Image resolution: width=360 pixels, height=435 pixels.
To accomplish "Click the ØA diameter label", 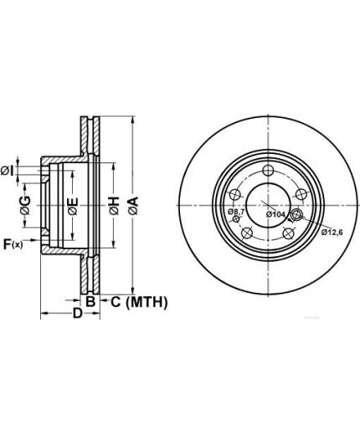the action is point(134,206).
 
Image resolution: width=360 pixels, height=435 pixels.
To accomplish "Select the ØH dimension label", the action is point(115,206).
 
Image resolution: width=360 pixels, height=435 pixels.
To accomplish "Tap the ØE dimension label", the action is point(73,207).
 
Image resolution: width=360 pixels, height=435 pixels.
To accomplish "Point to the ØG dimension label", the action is point(25,205).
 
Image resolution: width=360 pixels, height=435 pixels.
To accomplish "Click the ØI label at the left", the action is point(7,171).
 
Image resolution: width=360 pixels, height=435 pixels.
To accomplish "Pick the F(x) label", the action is point(13,244).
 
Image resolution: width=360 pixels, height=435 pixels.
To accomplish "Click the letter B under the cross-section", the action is point(90,301).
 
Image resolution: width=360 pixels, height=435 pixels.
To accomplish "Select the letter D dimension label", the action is point(78,313).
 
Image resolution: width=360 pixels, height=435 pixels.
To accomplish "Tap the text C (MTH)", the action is point(139,302).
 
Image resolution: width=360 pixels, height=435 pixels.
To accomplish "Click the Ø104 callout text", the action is point(275,214).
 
